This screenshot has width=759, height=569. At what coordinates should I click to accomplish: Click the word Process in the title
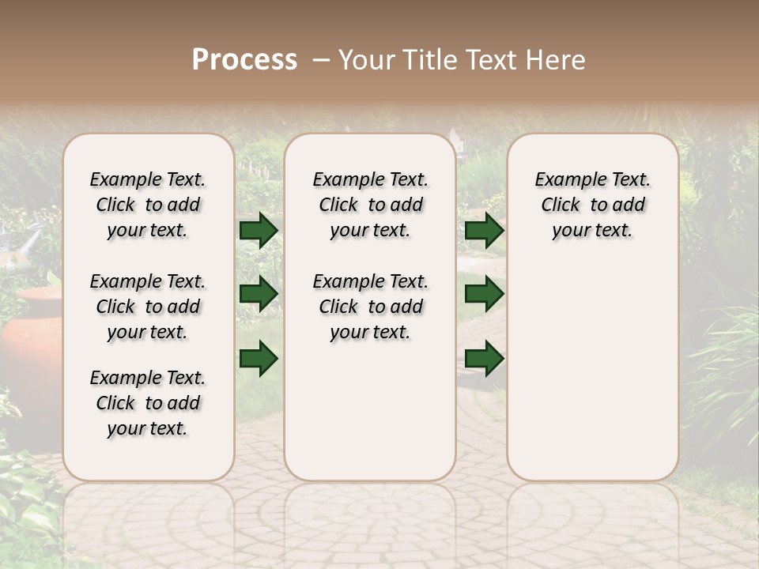(x=244, y=59)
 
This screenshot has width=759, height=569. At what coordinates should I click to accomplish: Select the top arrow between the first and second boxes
(x=259, y=230)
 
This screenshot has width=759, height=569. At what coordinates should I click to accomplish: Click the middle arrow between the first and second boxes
(x=259, y=294)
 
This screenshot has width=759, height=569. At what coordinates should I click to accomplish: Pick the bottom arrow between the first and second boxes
(x=259, y=357)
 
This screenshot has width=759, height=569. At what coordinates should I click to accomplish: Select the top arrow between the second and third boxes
(x=484, y=230)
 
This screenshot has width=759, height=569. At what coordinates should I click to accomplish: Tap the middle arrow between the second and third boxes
(x=484, y=294)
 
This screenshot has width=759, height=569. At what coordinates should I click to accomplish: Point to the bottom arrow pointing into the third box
(x=484, y=357)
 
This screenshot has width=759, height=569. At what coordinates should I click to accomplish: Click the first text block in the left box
(x=148, y=205)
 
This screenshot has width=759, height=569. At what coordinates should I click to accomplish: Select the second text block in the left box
(x=148, y=307)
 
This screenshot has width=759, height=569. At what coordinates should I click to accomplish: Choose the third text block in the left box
(x=148, y=403)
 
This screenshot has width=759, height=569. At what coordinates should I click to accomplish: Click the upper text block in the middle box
(x=370, y=205)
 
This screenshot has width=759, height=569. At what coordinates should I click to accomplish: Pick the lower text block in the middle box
(x=370, y=307)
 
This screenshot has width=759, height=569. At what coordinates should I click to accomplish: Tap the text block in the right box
(x=592, y=205)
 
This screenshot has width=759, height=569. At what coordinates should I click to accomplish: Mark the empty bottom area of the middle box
(x=370, y=419)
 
